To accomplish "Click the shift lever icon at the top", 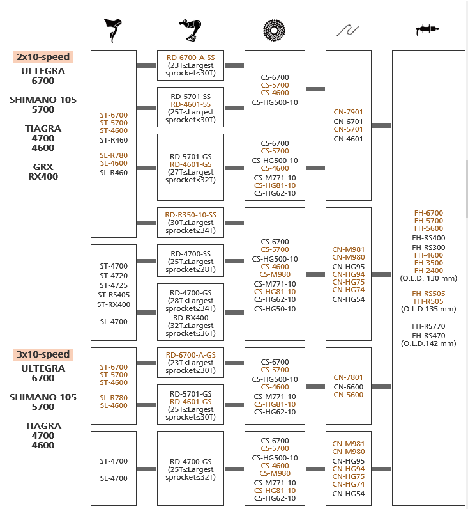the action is (x=113, y=30).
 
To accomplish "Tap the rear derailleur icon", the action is (x=190, y=30).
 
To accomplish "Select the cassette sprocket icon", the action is (x=275, y=30).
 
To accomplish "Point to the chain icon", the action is (x=347, y=30).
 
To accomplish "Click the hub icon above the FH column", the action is (x=427, y=29).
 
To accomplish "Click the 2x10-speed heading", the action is (x=43, y=57).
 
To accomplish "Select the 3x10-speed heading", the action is (x=43, y=354).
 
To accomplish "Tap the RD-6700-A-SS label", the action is (x=191, y=58).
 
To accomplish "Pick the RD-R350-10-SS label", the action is (x=191, y=215).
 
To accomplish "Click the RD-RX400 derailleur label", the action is (x=191, y=318).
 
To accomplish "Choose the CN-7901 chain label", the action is (x=348, y=112).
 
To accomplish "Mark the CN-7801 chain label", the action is (x=348, y=377).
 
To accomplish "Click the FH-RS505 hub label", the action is (x=428, y=294).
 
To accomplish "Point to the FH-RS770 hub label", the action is (x=428, y=326).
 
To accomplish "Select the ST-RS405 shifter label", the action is (x=114, y=295).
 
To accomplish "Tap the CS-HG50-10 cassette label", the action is (x=275, y=309).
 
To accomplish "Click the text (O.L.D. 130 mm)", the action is (x=428, y=278).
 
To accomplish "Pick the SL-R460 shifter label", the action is (x=114, y=173).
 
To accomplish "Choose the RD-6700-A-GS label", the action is (x=191, y=355).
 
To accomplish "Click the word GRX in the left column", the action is (x=43, y=167).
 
